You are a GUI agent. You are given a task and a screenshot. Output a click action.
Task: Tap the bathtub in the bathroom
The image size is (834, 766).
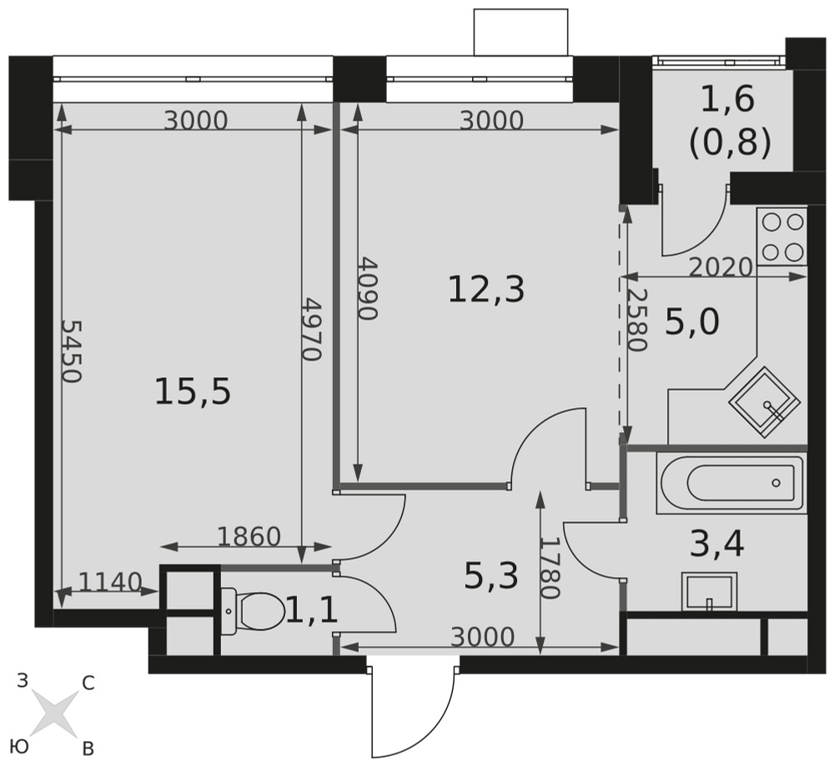731,483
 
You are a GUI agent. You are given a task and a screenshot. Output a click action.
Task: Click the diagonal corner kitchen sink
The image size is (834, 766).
764,403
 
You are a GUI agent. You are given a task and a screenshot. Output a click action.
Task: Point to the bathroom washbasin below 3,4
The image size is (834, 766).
709,592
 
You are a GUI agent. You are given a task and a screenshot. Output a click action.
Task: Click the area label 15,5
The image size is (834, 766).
193,392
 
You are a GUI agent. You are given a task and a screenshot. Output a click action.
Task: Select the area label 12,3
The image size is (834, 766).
486,290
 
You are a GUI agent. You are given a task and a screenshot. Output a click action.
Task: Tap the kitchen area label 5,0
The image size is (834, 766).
692,322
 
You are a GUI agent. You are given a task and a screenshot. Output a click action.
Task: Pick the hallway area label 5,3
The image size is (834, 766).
491,576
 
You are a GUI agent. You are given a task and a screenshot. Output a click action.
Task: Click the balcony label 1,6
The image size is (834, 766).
727,99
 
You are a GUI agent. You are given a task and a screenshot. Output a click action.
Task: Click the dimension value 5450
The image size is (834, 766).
71,351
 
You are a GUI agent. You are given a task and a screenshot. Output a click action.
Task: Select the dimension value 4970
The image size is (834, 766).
312,329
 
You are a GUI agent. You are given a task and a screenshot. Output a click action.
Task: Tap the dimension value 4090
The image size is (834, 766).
367,289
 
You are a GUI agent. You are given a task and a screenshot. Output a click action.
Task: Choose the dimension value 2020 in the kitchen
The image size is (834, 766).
721,268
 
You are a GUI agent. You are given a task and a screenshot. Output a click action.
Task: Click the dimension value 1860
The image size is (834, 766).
249,537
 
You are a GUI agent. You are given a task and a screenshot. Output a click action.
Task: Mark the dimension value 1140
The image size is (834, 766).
110,582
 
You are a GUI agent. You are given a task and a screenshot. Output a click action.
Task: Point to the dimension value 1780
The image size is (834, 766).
550,568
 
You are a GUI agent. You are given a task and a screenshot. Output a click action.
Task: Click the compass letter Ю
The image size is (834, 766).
19,747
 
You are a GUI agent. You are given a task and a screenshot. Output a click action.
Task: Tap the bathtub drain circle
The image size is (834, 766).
776,483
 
